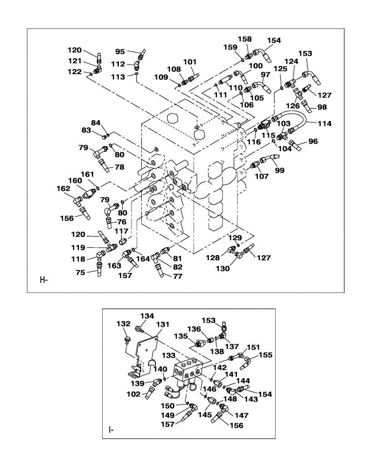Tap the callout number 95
click(120, 51)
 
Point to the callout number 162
click(63, 188)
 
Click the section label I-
click(111, 429)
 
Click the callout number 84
click(96, 122)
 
